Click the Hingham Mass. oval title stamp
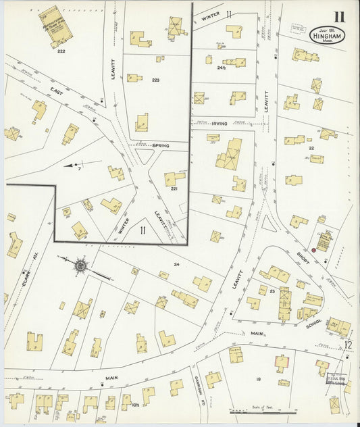(x=328, y=34)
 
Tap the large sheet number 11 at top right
(x=337, y=16)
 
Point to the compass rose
(x=80, y=266)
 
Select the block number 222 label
(x=61, y=51)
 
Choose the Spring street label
(x=160, y=146)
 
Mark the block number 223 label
(x=155, y=80)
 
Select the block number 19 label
(x=258, y=380)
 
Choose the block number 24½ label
(x=221, y=68)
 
